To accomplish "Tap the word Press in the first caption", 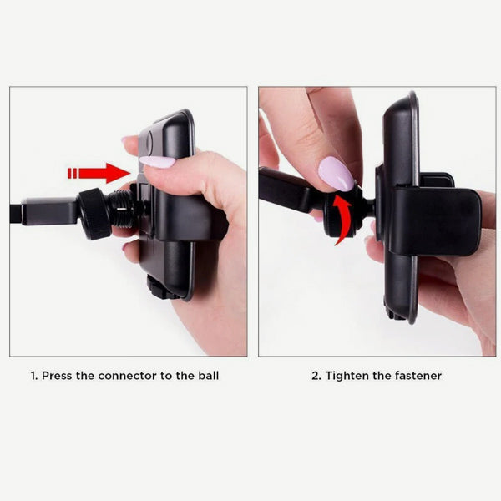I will [x=60, y=376].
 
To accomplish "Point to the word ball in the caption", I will [x=208, y=376].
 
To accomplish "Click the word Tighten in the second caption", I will [x=348, y=376].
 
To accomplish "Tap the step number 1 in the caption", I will [x=33, y=376].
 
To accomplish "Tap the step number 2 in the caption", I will [x=316, y=376].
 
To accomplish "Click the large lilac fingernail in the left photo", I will [x=156, y=161].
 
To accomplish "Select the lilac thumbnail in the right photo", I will [x=336, y=174].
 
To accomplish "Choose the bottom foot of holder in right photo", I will [x=396, y=314].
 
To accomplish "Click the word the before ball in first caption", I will [x=185, y=376].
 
